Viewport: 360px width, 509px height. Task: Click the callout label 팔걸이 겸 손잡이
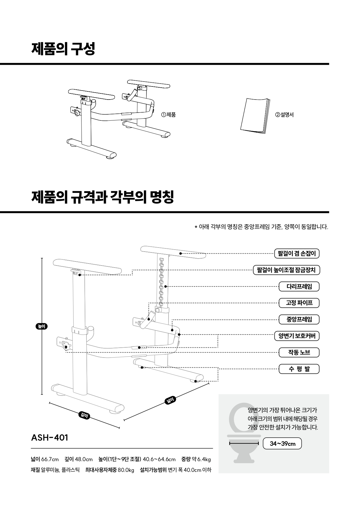tap(296, 254)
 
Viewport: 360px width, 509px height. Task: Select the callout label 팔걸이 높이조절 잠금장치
tap(286, 270)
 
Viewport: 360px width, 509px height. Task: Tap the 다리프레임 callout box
tap(299, 287)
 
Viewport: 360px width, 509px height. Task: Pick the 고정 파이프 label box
tap(299, 303)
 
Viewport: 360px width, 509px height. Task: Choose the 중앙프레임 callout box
tap(299, 320)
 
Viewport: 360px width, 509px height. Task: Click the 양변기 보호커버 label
tap(296, 336)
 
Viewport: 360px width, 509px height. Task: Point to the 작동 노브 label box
tap(299, 353)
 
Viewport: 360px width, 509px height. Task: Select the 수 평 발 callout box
tap(299, 369)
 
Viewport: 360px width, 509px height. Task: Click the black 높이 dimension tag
tap(42, 326)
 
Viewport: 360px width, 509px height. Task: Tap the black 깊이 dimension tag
tap(84, 416)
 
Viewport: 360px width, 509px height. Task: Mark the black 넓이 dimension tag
tap(170, 401)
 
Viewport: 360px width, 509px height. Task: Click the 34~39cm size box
tap(282, 444)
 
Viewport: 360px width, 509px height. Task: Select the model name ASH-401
tap(50, 438)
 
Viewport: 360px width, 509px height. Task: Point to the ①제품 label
tap(169, 115)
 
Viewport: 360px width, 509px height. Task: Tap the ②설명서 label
tap(284, 115)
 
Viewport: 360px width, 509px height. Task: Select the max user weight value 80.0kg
tap(126, 470)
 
